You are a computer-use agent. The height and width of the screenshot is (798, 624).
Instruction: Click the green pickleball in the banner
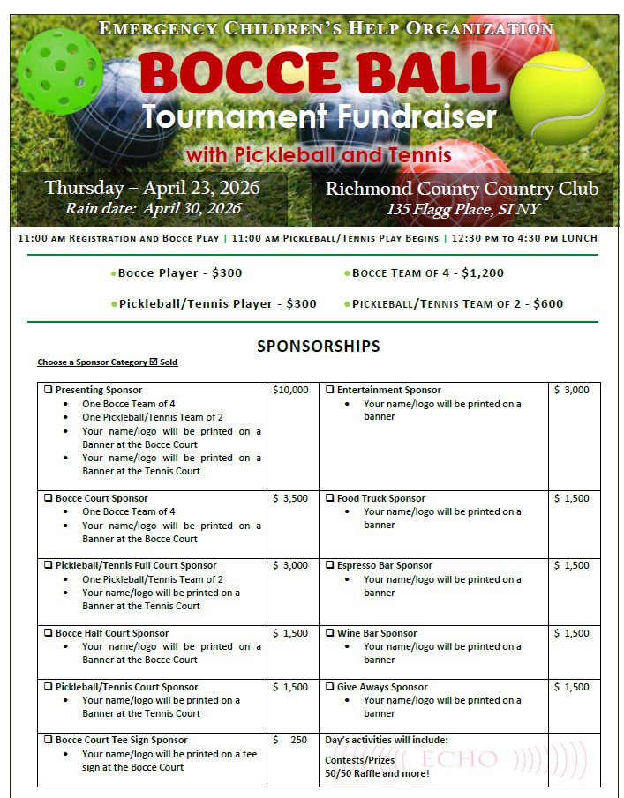pyautogui.click(x=60, y=71)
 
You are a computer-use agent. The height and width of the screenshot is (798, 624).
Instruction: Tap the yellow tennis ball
pyautogui.click(x=557, y=97)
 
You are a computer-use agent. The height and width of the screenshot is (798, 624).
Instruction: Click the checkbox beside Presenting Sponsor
pyautogui.click(x=49, y=390)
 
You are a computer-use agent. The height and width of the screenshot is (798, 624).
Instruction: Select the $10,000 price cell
pyautogui.click(x=290, y=390)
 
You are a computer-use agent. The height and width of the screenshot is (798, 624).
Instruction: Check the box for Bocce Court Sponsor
pyautogui.click(x=49, y=498)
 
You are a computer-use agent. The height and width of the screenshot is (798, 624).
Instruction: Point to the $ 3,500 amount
pyautogui.click(x=290, y=498)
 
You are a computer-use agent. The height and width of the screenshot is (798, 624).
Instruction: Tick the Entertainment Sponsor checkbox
pyautogui.click(x=329, y=390)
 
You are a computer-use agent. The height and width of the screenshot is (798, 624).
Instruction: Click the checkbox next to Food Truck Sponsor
pyautogui.click(x=329, y=498)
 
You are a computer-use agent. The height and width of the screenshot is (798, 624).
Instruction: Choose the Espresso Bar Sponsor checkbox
pyautogui.click(x=329, y=565)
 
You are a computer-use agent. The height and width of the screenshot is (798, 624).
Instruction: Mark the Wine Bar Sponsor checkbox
pyautogui.click(x=329, y=633)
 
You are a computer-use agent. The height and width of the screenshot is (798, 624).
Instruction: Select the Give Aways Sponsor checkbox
pyautogui.click(x=329, y=687)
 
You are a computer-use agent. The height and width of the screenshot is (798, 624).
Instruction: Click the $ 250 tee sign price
pyautogui.click(x=290, y=740)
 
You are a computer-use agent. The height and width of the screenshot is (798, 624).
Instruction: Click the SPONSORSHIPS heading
pyautogui.click(x=319, y=347)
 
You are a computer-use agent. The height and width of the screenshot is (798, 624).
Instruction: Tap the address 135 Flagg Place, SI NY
pyautogui.click(x=462, y=210)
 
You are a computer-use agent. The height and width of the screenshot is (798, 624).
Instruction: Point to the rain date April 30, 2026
pyautogui.click(x=153, y=209)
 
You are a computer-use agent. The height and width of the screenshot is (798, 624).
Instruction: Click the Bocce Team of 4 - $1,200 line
pyautogui.click(x=428, y=273)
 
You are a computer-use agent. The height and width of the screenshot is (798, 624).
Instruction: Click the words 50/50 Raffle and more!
pyautogui.click(x=377, y=773)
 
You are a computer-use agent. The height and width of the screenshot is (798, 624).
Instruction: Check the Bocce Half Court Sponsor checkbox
pyautogui.click(x=49, y=633)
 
